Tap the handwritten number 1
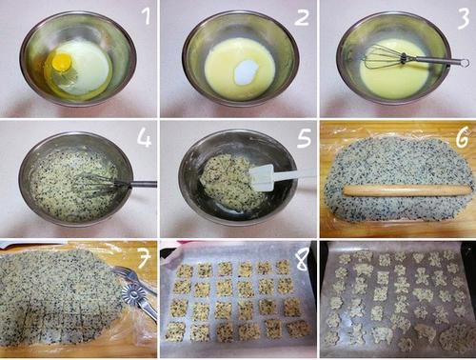147,16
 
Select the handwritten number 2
301,17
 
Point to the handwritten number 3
463,18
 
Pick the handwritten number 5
304,137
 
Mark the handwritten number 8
301,258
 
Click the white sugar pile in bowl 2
245,71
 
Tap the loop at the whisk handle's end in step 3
464,63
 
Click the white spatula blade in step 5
262,177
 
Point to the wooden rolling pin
407,190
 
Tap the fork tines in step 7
123,272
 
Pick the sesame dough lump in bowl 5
229,180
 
